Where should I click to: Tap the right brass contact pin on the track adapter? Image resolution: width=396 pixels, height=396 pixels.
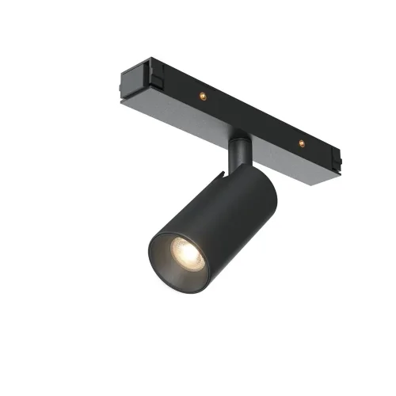tap(300, 143)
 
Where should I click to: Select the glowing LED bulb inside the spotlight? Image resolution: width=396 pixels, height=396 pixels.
tap(184, 254)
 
